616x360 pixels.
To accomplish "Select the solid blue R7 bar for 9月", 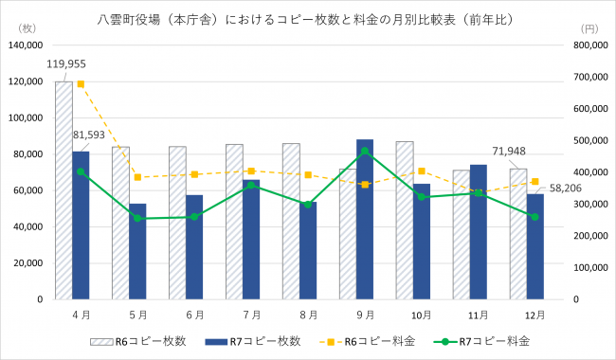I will [x=365, y=219].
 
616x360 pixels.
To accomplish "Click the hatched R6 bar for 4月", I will [x=63, y=189].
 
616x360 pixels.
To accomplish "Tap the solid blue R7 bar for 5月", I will [x=137, y=251].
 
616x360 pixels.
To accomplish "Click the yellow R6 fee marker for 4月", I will [x=81, y=83].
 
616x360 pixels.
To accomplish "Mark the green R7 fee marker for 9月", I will [x=365, y=151].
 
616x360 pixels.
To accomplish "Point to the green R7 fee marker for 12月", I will [x=535, y=217].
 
